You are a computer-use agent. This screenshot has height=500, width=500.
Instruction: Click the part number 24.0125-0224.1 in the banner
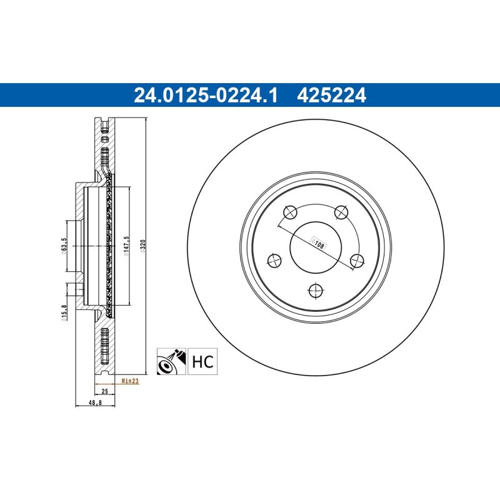(206, 96)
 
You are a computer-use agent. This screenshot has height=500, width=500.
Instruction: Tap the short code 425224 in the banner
(331, 96)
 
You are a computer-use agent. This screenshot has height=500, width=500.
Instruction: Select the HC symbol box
(202, 361)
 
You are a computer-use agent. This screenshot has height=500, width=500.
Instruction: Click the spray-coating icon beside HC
(171, 361)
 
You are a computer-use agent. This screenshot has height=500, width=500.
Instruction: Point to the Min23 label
(130, 381)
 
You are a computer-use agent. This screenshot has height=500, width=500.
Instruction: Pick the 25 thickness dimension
(104, 391)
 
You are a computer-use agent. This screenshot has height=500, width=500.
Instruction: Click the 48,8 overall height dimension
(95, 402)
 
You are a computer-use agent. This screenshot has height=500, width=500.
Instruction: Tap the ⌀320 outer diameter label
(143, 246)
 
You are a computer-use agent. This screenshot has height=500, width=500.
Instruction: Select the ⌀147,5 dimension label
(126, 246)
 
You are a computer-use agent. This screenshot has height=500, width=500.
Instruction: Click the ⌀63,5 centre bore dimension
(64, 246)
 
